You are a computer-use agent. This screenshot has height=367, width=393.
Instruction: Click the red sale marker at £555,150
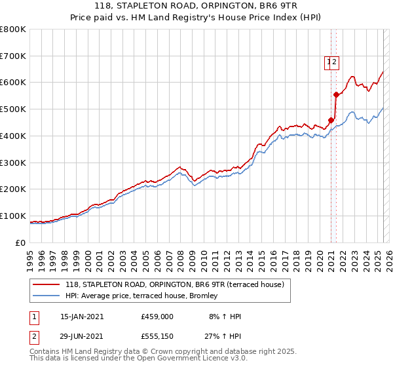pos(336,94)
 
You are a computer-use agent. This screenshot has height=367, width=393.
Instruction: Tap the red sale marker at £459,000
pos(331,120)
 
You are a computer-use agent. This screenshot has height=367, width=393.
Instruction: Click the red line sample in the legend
pos(46,285)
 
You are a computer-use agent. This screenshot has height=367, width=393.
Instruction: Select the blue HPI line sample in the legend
pos(46,297)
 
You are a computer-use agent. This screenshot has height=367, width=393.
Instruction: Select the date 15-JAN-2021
pos(82,317)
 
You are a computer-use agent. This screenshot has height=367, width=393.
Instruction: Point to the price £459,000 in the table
pos(157,317)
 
